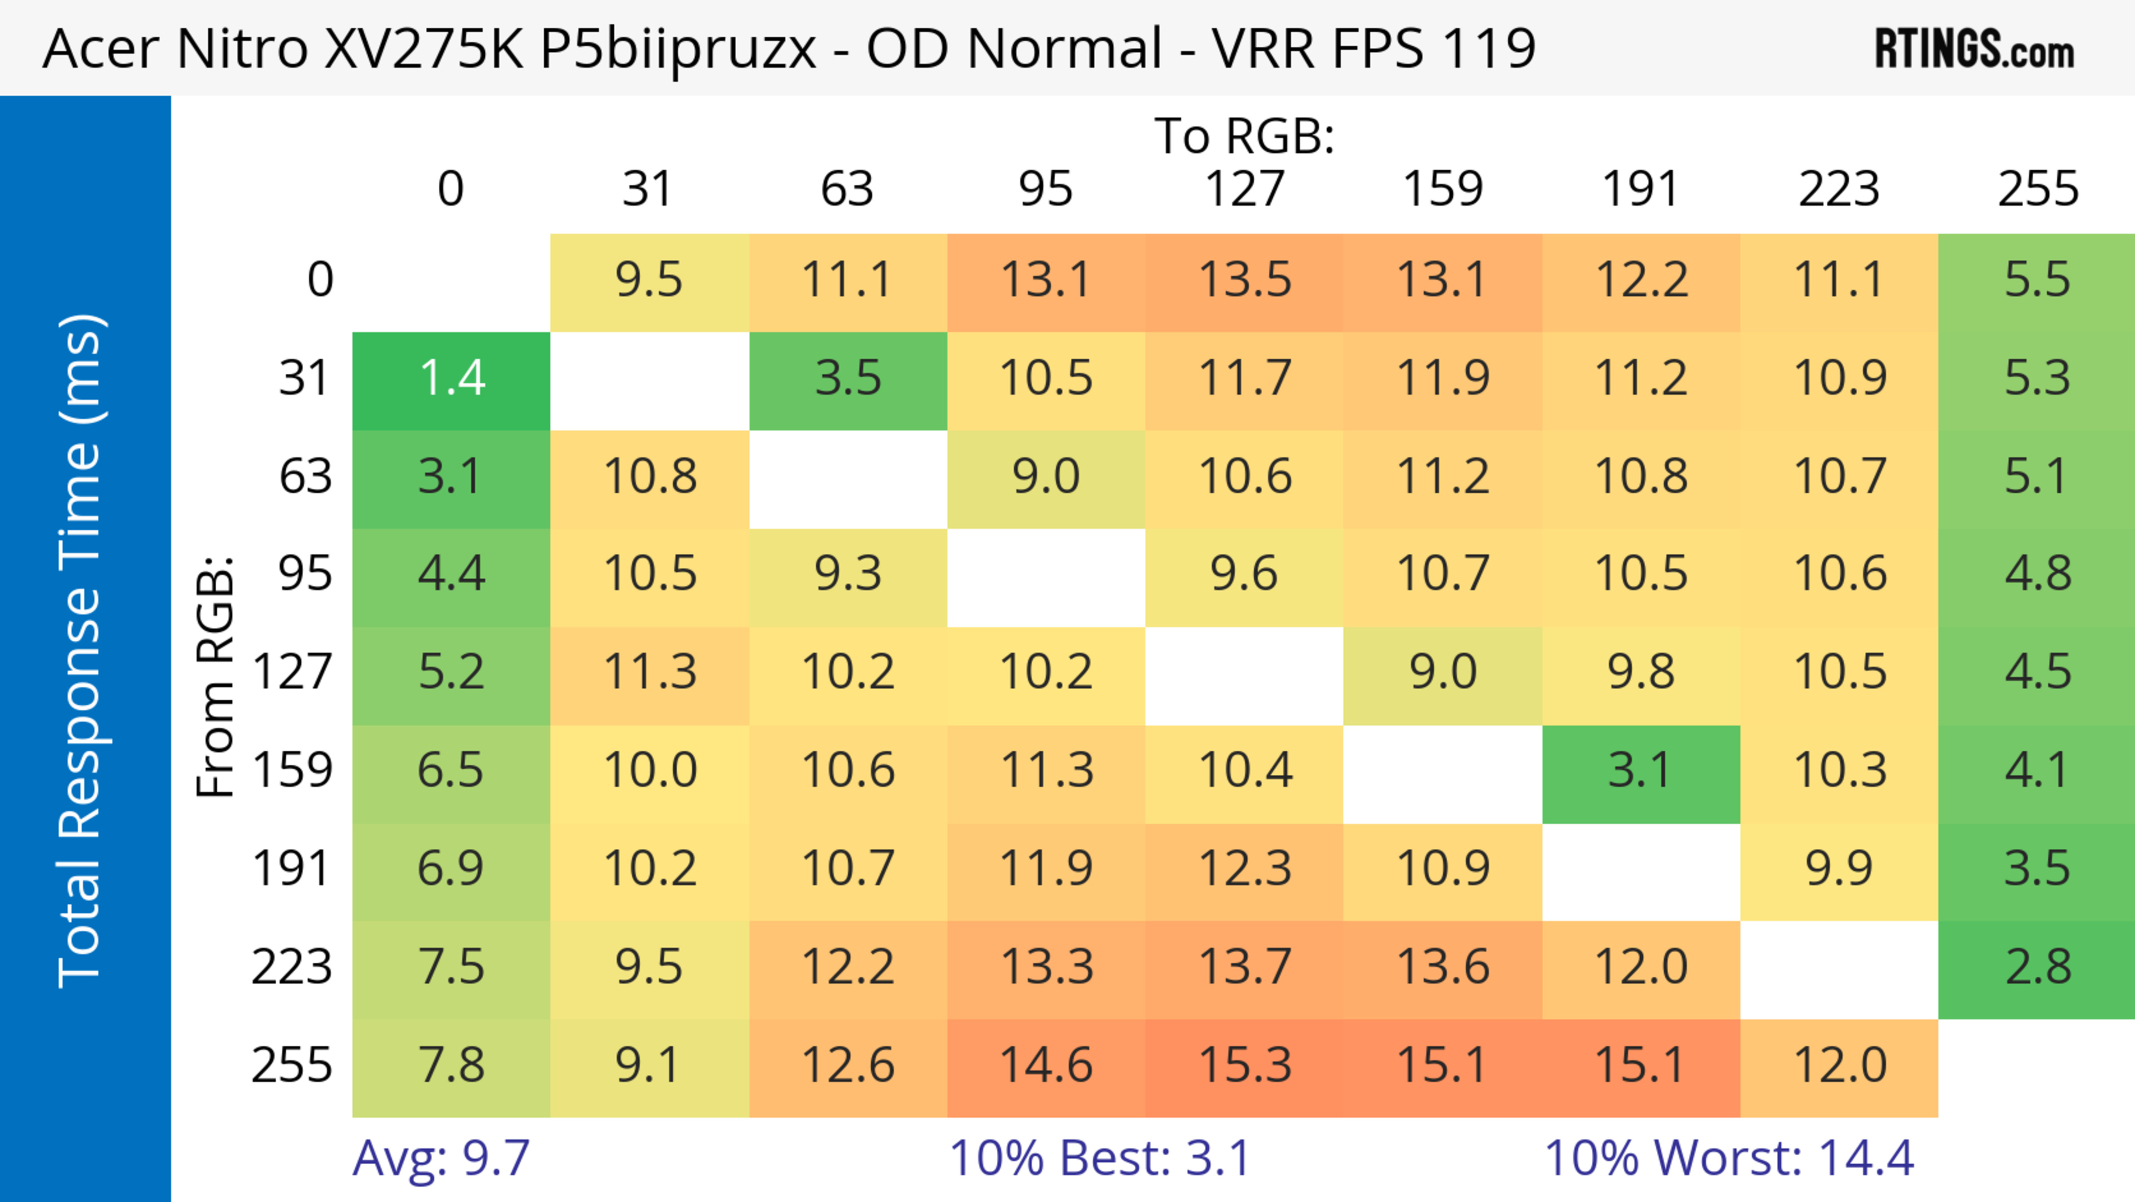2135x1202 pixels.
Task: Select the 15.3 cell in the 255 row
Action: pos(1244,1066)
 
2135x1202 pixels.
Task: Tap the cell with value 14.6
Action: pos(1046,1066)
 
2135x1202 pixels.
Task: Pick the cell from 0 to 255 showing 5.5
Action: pos(2037,281)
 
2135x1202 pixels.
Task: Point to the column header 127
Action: pos(1244,190)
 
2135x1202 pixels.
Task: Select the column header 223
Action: pos(1839,190)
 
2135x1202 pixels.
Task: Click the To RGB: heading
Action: pos(1244,136)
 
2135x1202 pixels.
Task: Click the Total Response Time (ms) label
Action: pos(81,651)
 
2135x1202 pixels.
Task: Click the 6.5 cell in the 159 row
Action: pos(451,771)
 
